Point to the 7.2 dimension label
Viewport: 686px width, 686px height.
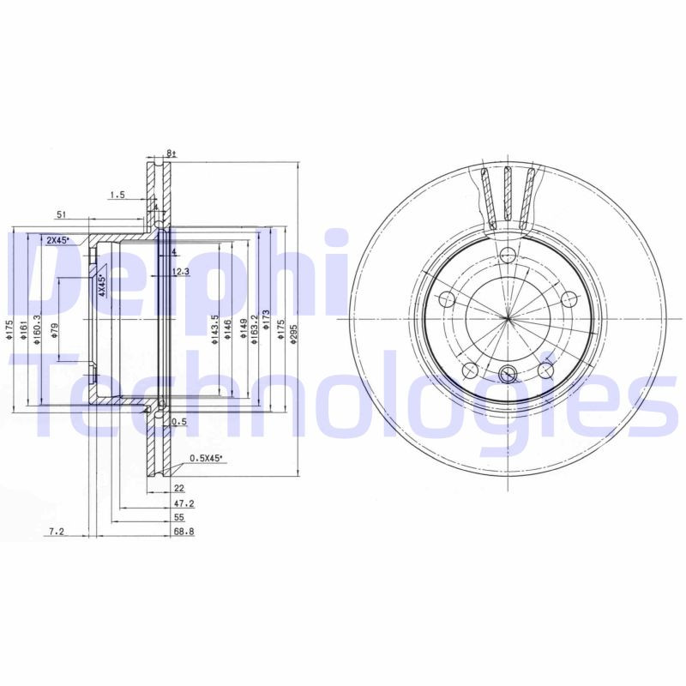(57, 533)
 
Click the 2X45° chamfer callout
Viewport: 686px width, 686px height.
(57, 241)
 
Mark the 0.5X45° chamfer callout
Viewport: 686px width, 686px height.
(205, 459)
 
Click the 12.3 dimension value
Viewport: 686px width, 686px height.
(179, 272)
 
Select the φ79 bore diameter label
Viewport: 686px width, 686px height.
(54, 331)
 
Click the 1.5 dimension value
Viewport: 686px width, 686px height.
(117, 196)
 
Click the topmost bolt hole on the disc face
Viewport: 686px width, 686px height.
(508, 255)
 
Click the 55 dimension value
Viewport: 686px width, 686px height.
(178, 519)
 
